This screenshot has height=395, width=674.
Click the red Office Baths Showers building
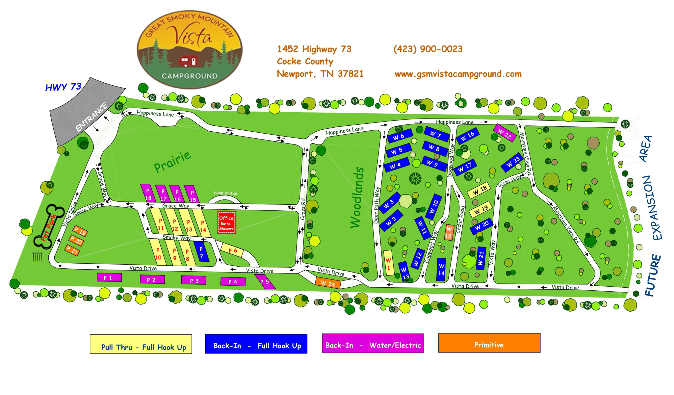[x=226, y=223]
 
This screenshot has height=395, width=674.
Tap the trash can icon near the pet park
[x=38, y=256]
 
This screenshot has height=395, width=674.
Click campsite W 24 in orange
[x=327, y=283]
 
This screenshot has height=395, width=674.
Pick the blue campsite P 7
[x=201, y=252]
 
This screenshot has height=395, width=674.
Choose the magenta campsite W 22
[x=504, y=133]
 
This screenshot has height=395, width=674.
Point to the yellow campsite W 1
[x=388, y=263]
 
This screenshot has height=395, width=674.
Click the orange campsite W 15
[x=449, y=232]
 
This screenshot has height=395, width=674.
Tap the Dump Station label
[x=225, y=193]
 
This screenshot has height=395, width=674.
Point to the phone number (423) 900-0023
[x=428, y=49]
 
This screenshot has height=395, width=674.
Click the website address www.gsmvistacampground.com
[x=458, y=74]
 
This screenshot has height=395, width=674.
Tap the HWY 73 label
[x=63, y=87]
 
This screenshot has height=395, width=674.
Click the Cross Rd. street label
[x=303, y=209]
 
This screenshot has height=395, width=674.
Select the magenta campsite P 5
[x=265, y=282]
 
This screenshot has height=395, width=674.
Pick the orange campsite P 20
[x=76, y=241]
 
